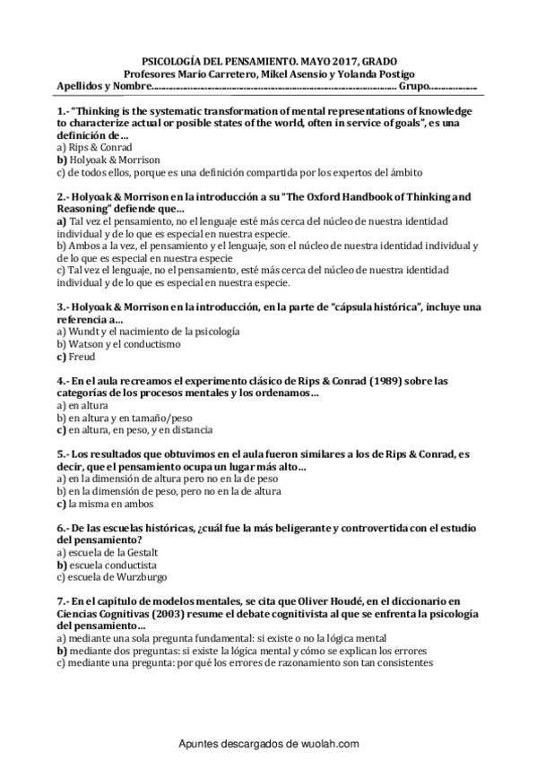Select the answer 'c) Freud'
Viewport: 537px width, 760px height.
click(75, 356)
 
